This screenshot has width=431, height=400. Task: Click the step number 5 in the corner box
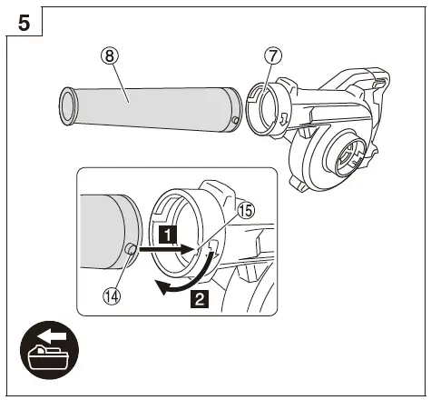click(x=27, y=24)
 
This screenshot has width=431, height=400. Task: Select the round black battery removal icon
click(x=49, y=355)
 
